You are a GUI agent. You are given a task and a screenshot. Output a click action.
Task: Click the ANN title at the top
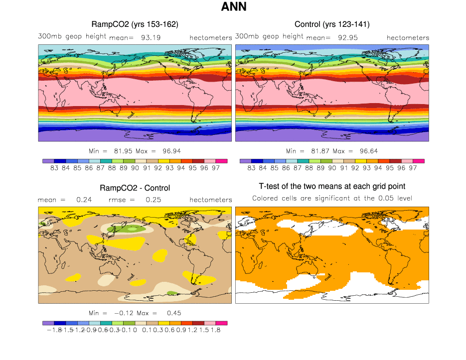point(233,7)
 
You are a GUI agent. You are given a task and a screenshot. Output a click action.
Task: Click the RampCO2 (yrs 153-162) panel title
point(135,24)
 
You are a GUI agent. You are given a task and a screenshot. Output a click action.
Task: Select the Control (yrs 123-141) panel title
point(332,24)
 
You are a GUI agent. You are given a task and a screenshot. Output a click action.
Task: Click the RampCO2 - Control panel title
point(135,188)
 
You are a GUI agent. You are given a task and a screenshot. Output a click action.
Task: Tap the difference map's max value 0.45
point(174,313)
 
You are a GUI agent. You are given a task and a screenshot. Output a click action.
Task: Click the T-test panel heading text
point(332,186)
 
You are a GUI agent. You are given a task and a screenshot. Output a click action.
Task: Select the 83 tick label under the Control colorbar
point(251,168)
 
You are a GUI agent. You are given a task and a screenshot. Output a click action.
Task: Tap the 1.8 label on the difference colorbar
point(216,330)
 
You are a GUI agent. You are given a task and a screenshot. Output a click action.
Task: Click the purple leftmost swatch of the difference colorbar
point(48,323)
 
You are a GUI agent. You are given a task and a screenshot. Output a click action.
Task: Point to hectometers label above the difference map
point(211,200)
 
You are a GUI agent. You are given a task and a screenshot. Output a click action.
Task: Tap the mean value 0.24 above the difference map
point(82,200)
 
